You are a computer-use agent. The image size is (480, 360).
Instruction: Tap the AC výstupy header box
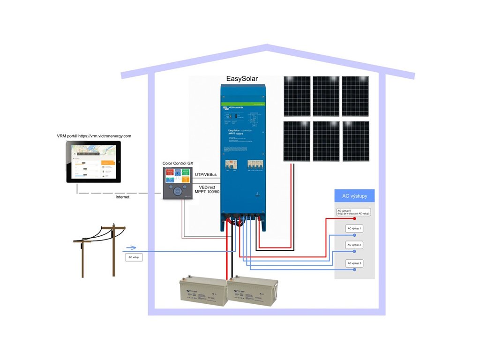coord(354,196)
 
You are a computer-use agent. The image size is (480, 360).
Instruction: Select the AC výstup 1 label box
coord(354,228)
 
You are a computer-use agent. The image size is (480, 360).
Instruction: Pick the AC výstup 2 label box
coord(354,245)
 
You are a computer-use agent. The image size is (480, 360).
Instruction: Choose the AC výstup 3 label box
coord(354,263)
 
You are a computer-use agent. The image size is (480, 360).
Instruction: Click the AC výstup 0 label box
coord(353,212)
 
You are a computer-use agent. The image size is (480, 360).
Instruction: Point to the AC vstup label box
coord(134,257)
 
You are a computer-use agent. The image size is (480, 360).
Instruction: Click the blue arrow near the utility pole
coord(131,248)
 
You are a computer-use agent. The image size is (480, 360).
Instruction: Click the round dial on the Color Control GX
coord(177,191)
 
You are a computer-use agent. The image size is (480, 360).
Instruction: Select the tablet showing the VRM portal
coord(94,163)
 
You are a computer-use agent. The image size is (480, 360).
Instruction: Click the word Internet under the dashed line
coord(122,197)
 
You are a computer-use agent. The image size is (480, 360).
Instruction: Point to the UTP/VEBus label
coord(205,175)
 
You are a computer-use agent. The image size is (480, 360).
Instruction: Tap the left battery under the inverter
coord(203,293)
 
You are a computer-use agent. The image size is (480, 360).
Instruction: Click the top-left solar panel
coord(297,96)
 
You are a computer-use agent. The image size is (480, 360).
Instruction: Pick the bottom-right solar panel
coord(355,141)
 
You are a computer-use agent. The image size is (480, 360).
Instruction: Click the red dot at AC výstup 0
coord(354,218)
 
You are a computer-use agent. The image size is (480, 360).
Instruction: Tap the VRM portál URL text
coord(94,136)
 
